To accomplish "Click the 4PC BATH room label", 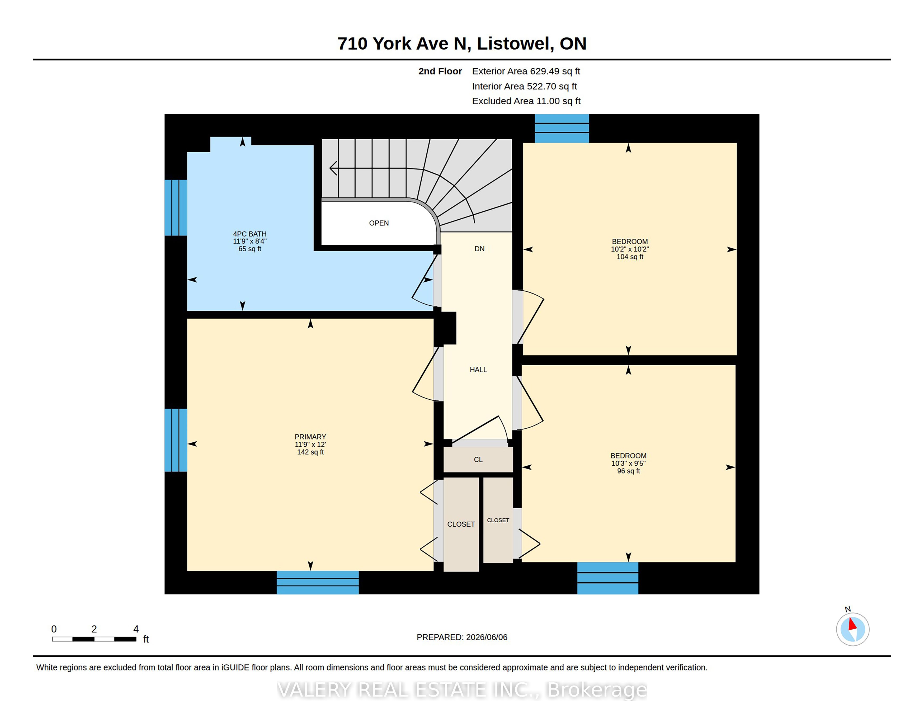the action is [250, 234].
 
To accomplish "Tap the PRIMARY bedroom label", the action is [310, 437].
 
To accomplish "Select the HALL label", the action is [478, 370].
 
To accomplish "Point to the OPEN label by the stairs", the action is [379, 223].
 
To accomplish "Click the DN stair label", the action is [479, 249].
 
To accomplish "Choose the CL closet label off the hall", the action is [478, 459].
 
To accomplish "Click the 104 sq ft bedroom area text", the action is [630, 257].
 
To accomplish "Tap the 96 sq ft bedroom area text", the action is [628, 471].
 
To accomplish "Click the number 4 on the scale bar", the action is [136, 629].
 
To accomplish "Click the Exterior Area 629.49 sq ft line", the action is [526, 71].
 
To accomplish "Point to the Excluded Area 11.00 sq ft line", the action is [526, 101].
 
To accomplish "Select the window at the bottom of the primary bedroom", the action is [318, 583].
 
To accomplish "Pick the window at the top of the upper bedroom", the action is [562, 128].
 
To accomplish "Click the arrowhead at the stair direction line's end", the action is [333, 168].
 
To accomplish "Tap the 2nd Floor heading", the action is [440, 71].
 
